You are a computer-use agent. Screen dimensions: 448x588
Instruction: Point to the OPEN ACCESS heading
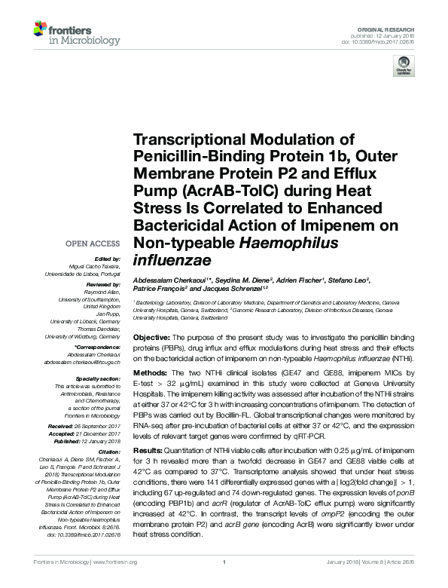93,244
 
